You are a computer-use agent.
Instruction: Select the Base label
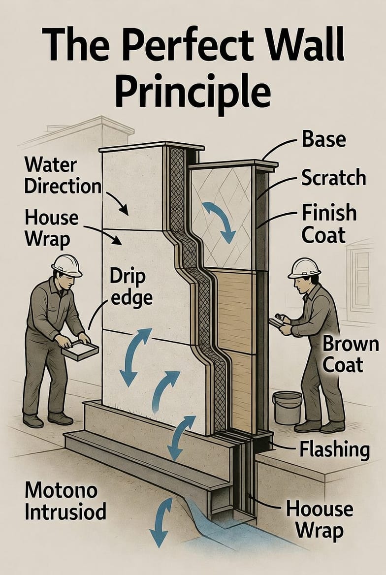click(x=323, y=139)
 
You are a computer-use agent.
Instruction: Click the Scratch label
click(x=333, y=177)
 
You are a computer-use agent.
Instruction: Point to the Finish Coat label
click(x=329, y=224)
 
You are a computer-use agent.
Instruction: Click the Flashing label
click(x=334, y=449)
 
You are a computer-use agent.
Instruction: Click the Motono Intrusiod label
click(x=65, y=501)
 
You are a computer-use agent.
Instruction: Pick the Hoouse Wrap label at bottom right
click(x=320, y=519)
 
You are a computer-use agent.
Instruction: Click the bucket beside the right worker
click(x=287, y=407)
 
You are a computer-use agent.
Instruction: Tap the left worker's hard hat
click(x=66, y=265)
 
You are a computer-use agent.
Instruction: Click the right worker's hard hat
click(x=304, y=267)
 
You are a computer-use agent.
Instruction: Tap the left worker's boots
click(x=47, y=419)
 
